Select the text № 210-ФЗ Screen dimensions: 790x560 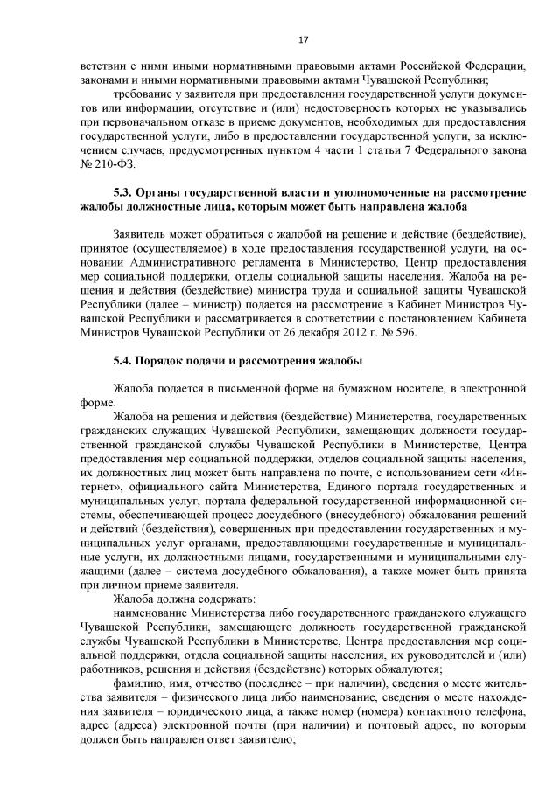pyautogui.click(x=108, y=163)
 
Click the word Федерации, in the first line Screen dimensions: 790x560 pyautogui.click(x=490, y=66)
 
